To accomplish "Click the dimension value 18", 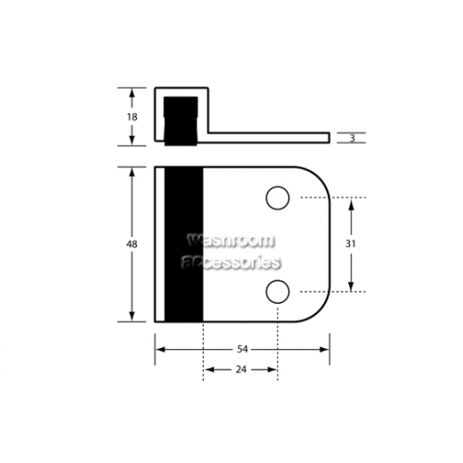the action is [132, 117].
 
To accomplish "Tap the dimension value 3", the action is [352, 138].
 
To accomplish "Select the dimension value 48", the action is [131, 244].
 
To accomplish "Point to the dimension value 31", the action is [350, 244].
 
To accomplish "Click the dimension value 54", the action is [243, 349].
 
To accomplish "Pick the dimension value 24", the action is [241, 369].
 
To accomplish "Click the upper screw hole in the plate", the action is [278, 198].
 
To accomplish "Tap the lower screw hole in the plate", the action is [278, 292].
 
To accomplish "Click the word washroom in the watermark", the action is [231, 240].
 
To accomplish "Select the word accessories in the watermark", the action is [231, 262].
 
